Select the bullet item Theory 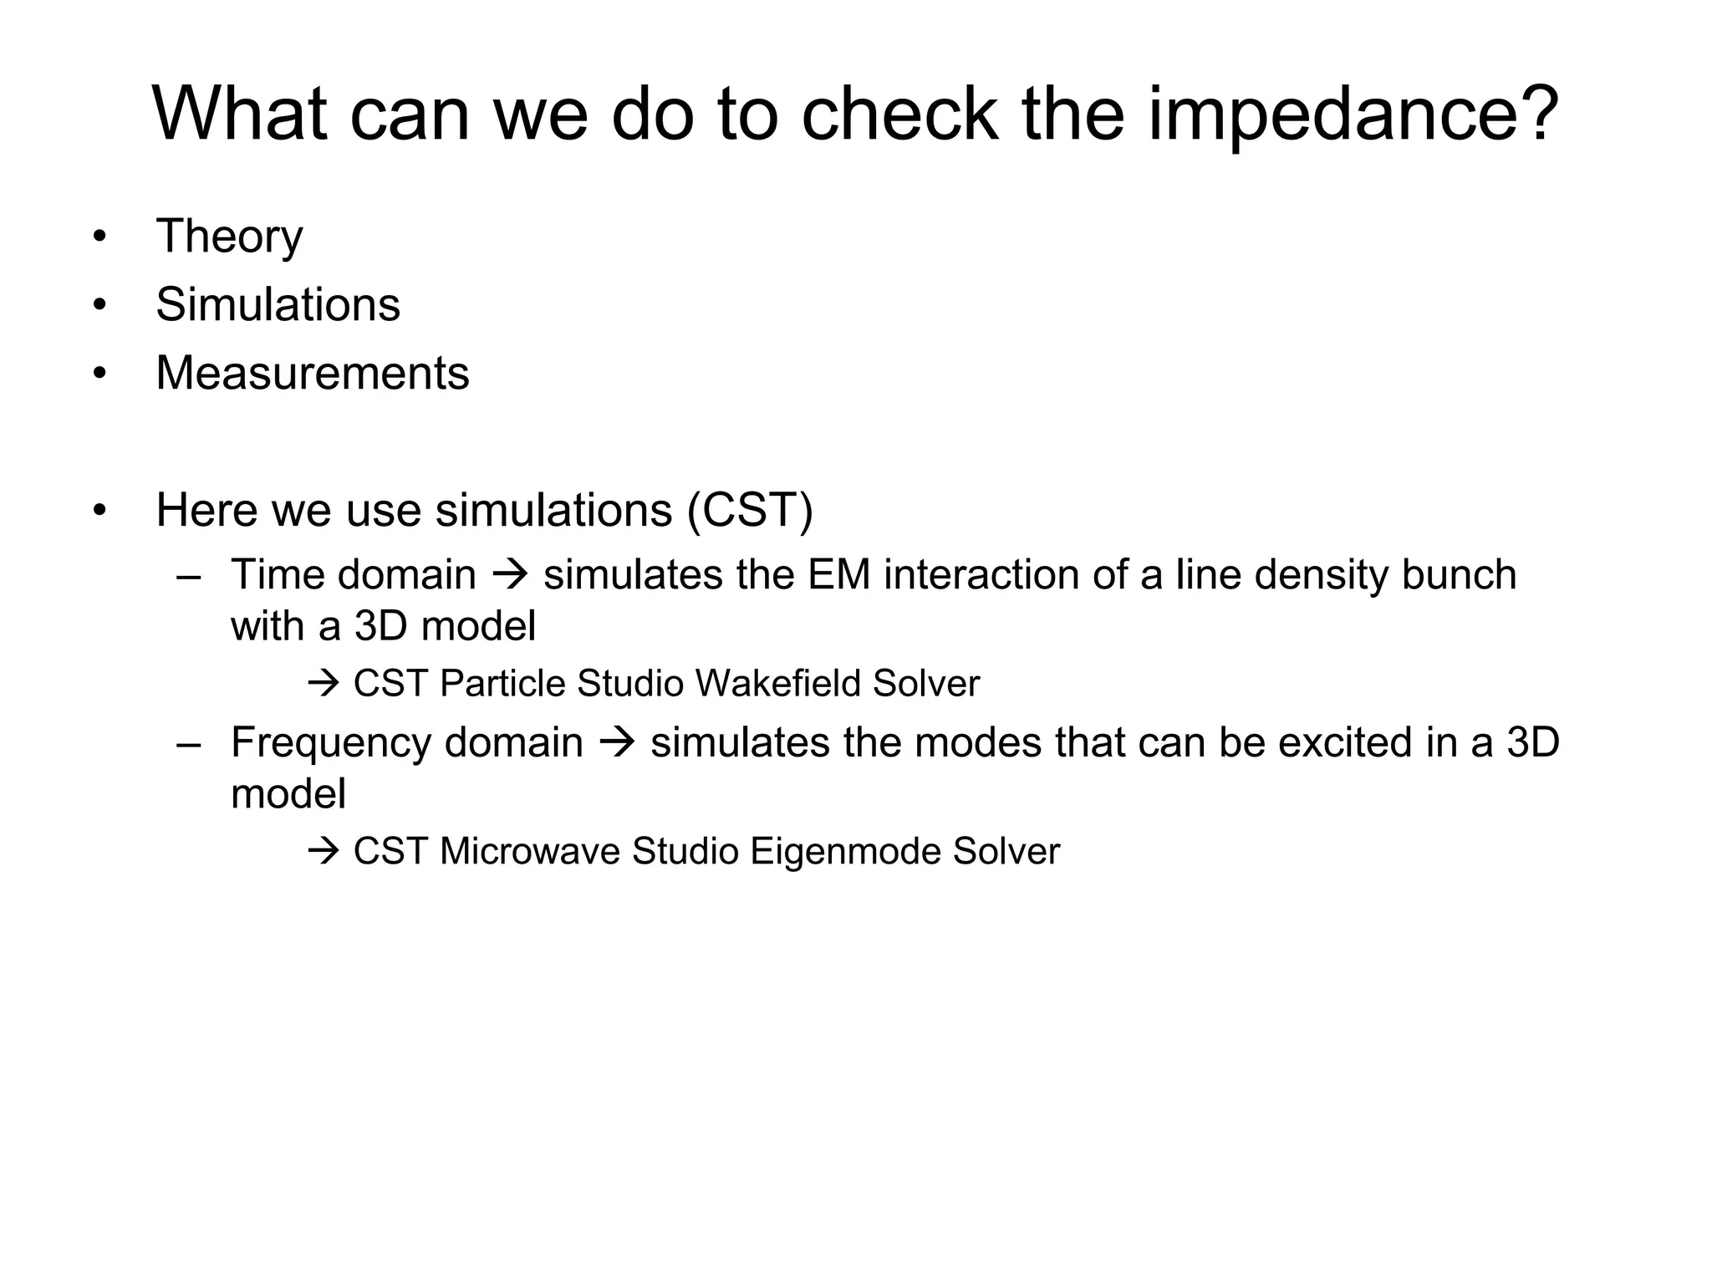[x=229, y=237]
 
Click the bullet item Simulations [x=278, y=304]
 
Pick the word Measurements [x=312, y=373]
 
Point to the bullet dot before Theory [x=100, y=237]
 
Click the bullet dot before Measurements [x=100, y=374]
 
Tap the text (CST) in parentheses [x=749, y=510]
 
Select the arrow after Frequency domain [x=617, y=742]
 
